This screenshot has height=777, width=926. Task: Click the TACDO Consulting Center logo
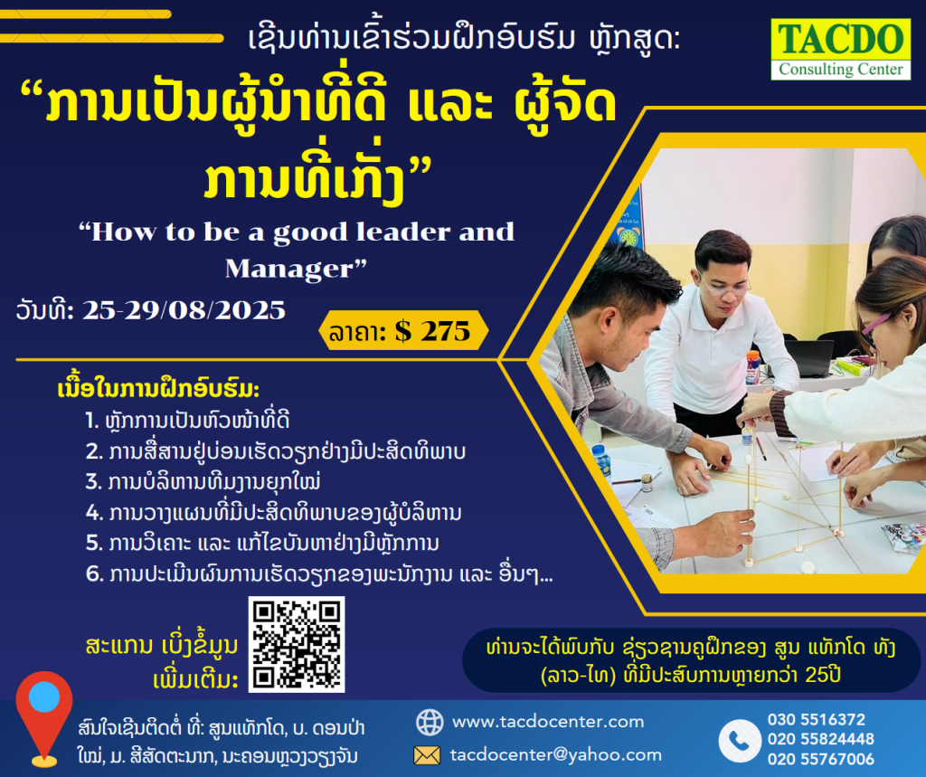click(840, 49)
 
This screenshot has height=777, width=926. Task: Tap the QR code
click(297, 644)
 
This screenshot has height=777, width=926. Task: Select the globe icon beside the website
click(430, 722)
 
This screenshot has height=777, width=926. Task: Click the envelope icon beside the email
click(427, 755)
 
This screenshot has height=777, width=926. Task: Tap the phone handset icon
click(740, 740)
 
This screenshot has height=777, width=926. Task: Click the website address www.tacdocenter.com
click(548, 722)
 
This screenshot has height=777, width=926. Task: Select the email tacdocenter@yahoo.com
click(556, 754)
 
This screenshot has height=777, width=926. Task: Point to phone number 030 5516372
click(817, 719)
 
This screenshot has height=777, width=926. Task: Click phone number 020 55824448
click(821, 739)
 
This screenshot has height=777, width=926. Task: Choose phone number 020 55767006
click(821, 759)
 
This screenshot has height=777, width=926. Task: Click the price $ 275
click(432, 331)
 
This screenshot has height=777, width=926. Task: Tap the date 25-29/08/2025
click(184, 310)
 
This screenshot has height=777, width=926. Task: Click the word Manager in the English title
click(288, 269)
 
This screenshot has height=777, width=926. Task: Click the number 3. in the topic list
click(94, 481)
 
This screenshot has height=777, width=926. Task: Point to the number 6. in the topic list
click(94, 573)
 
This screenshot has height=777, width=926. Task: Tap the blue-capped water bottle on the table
click(601, 460)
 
